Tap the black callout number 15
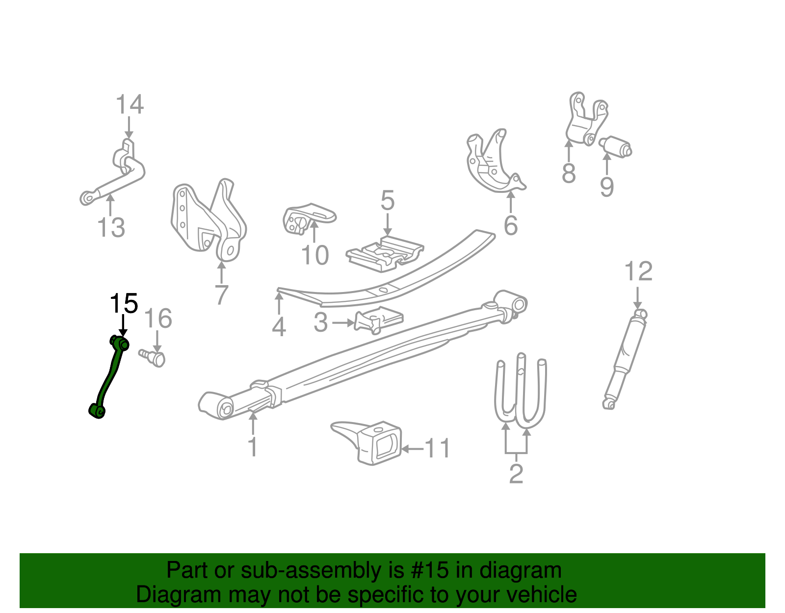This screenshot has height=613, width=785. [x=124, y=304]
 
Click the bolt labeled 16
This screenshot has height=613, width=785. [x=154, y=357]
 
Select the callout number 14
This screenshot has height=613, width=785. [x=130, y=105]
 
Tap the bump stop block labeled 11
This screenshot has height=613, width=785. [x=373, y=442]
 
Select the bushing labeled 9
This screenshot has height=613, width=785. [x=617, y=146]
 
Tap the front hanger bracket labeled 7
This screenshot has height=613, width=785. [x=209, y=221]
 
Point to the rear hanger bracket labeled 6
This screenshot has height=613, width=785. [x=493, y=162]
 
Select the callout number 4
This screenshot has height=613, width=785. [x=279, y=327]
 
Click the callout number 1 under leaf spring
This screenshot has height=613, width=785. [x=253, y=447]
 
